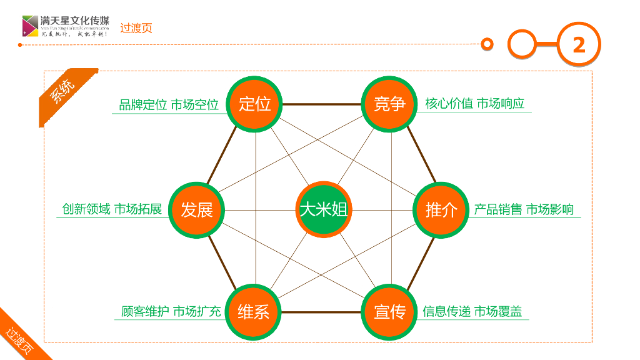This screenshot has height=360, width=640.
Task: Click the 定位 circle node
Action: pyautogui.click(x=255, y=104)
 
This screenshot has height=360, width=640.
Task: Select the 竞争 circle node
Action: pyautogui.click(x=389, y=104)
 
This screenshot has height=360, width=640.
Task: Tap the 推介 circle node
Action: pyautogui.click(x=441, y=210)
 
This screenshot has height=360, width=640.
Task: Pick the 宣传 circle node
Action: pyautogui.click(x=389, y=311)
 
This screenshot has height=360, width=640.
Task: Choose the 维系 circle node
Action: pyautogui.click(x=254, y=311)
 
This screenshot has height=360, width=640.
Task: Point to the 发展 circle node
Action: pyautogui.click(x=197, y=210)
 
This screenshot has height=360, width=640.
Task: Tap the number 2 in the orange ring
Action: pyautogui.click(x=579, y=44)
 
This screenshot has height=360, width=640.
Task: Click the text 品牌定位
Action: pyautogui.click(x=143, y=105)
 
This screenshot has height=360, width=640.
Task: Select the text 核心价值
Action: pyautogui.click(x=449, y=104)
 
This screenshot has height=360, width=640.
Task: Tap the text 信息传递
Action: pyautogui.click(x=446, y=311)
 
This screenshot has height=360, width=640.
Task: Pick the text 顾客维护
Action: pyautogui.click(x=145, y=311)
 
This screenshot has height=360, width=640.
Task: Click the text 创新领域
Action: pyautogui.click(x=86, y=209)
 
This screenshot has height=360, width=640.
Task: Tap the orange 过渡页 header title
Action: pyautogui.click(x=136, y=28)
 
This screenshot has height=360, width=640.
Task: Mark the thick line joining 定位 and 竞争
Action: pyautogui.click(x=322, y=104)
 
